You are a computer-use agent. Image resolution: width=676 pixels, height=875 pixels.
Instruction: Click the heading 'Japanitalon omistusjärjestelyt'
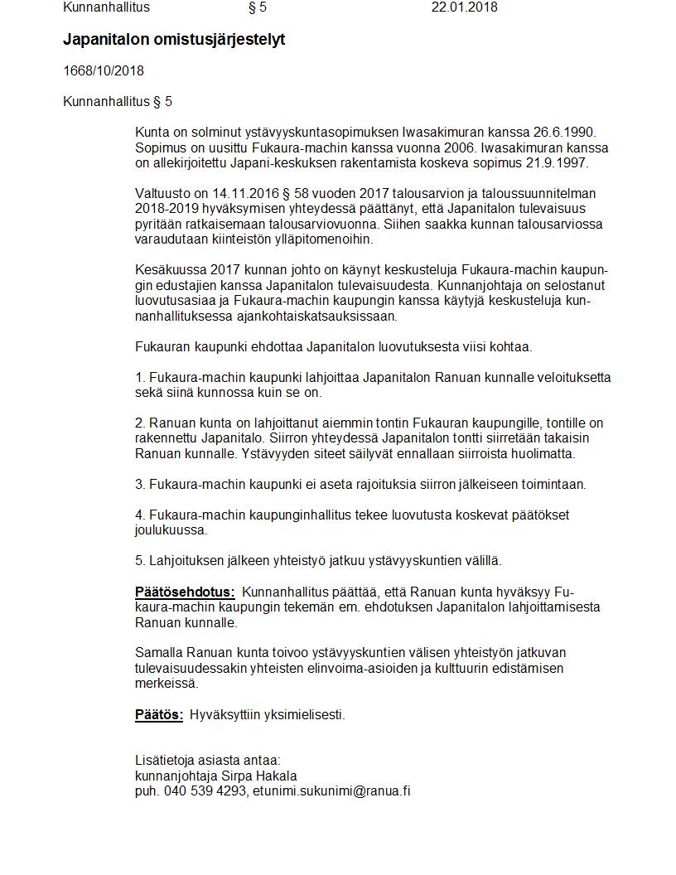[x=174, y=39]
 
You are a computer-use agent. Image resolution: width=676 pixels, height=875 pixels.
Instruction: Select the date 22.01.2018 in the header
[x=464, y=7]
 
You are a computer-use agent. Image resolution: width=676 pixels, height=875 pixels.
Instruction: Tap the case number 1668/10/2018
[x=104, y=70]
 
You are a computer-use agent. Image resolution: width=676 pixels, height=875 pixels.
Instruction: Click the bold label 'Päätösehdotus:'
[x=185, y=592]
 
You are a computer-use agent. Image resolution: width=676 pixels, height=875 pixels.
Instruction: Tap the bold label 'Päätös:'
[x=159, y=714]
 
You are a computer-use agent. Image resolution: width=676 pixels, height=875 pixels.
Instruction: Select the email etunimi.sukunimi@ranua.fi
[x=331, y=790]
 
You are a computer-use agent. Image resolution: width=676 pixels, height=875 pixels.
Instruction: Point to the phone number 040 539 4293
[x=205, y=790]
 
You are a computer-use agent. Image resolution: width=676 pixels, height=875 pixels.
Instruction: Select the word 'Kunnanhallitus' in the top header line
[x=106, y=7]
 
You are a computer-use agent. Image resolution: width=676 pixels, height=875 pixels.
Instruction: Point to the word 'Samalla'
[x=158, y=653]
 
